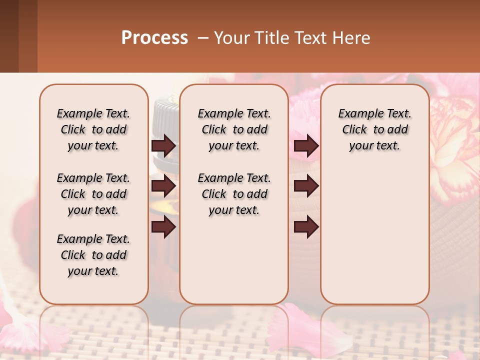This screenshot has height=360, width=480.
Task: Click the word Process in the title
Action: tap(154, 38)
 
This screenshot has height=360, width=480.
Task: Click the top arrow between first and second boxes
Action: tap(163, 145)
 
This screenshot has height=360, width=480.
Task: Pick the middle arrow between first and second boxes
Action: tap(163, 186)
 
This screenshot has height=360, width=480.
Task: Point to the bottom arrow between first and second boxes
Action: tap(163, 227)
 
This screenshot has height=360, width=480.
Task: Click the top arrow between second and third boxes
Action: tap(306, 145)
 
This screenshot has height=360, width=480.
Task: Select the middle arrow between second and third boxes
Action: tap(306, 186)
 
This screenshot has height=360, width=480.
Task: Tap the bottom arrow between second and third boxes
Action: tap(306, 227)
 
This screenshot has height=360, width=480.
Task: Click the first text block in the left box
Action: tap(93, 129)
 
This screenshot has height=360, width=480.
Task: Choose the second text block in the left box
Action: tap(93, 194)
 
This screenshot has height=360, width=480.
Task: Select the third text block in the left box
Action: tap(93, 255)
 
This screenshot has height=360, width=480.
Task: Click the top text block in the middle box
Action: tap(234, 129)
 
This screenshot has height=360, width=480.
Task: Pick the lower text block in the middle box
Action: tap(234, 194)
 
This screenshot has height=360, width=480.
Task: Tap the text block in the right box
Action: tap(374, 129)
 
